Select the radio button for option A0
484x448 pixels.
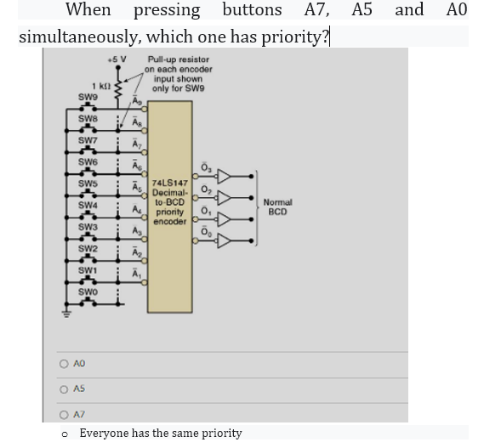pyautogui.click(x=64, y=363)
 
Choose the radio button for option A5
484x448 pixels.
pyautogui.click(x=64, y=389)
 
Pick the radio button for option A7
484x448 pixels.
pyautogui.click(x=64, y=415)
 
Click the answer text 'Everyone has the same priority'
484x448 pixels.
pyautogui.click(x=161, y=433)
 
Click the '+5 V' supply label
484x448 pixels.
pyautogui.click(x=117, y=60)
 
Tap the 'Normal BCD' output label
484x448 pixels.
pyautogui.click(x=278, y=206)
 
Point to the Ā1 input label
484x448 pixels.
pyautogui.click(x=137, y=273)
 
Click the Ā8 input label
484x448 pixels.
pyautogui.click(x=137, y=122)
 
